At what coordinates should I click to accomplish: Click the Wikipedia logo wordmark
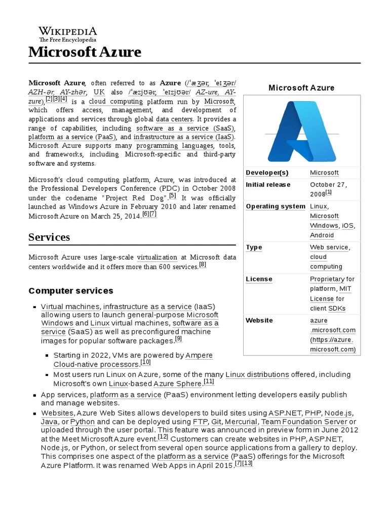pos(68,31)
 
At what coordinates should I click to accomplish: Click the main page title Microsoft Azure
pos(85,52)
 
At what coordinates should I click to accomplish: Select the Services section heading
pos(49,237)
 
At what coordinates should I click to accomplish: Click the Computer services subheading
pos(71,291)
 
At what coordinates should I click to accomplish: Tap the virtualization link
pos(157,257)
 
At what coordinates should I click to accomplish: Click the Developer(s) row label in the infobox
pos(267,173)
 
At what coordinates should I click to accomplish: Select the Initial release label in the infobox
pos(268,185)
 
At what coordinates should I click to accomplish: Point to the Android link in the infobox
pos(322,235)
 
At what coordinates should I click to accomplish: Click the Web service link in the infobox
pos(329,247)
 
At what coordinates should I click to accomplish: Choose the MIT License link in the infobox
pos(331,294)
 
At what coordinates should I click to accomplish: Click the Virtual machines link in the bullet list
pos(70,307)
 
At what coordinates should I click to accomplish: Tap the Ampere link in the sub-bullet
pos(199,356)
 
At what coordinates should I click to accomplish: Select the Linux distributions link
pos(257,374)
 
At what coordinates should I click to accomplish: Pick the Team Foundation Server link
pos(304,421)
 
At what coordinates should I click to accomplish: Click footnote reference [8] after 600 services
pos(203,265)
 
